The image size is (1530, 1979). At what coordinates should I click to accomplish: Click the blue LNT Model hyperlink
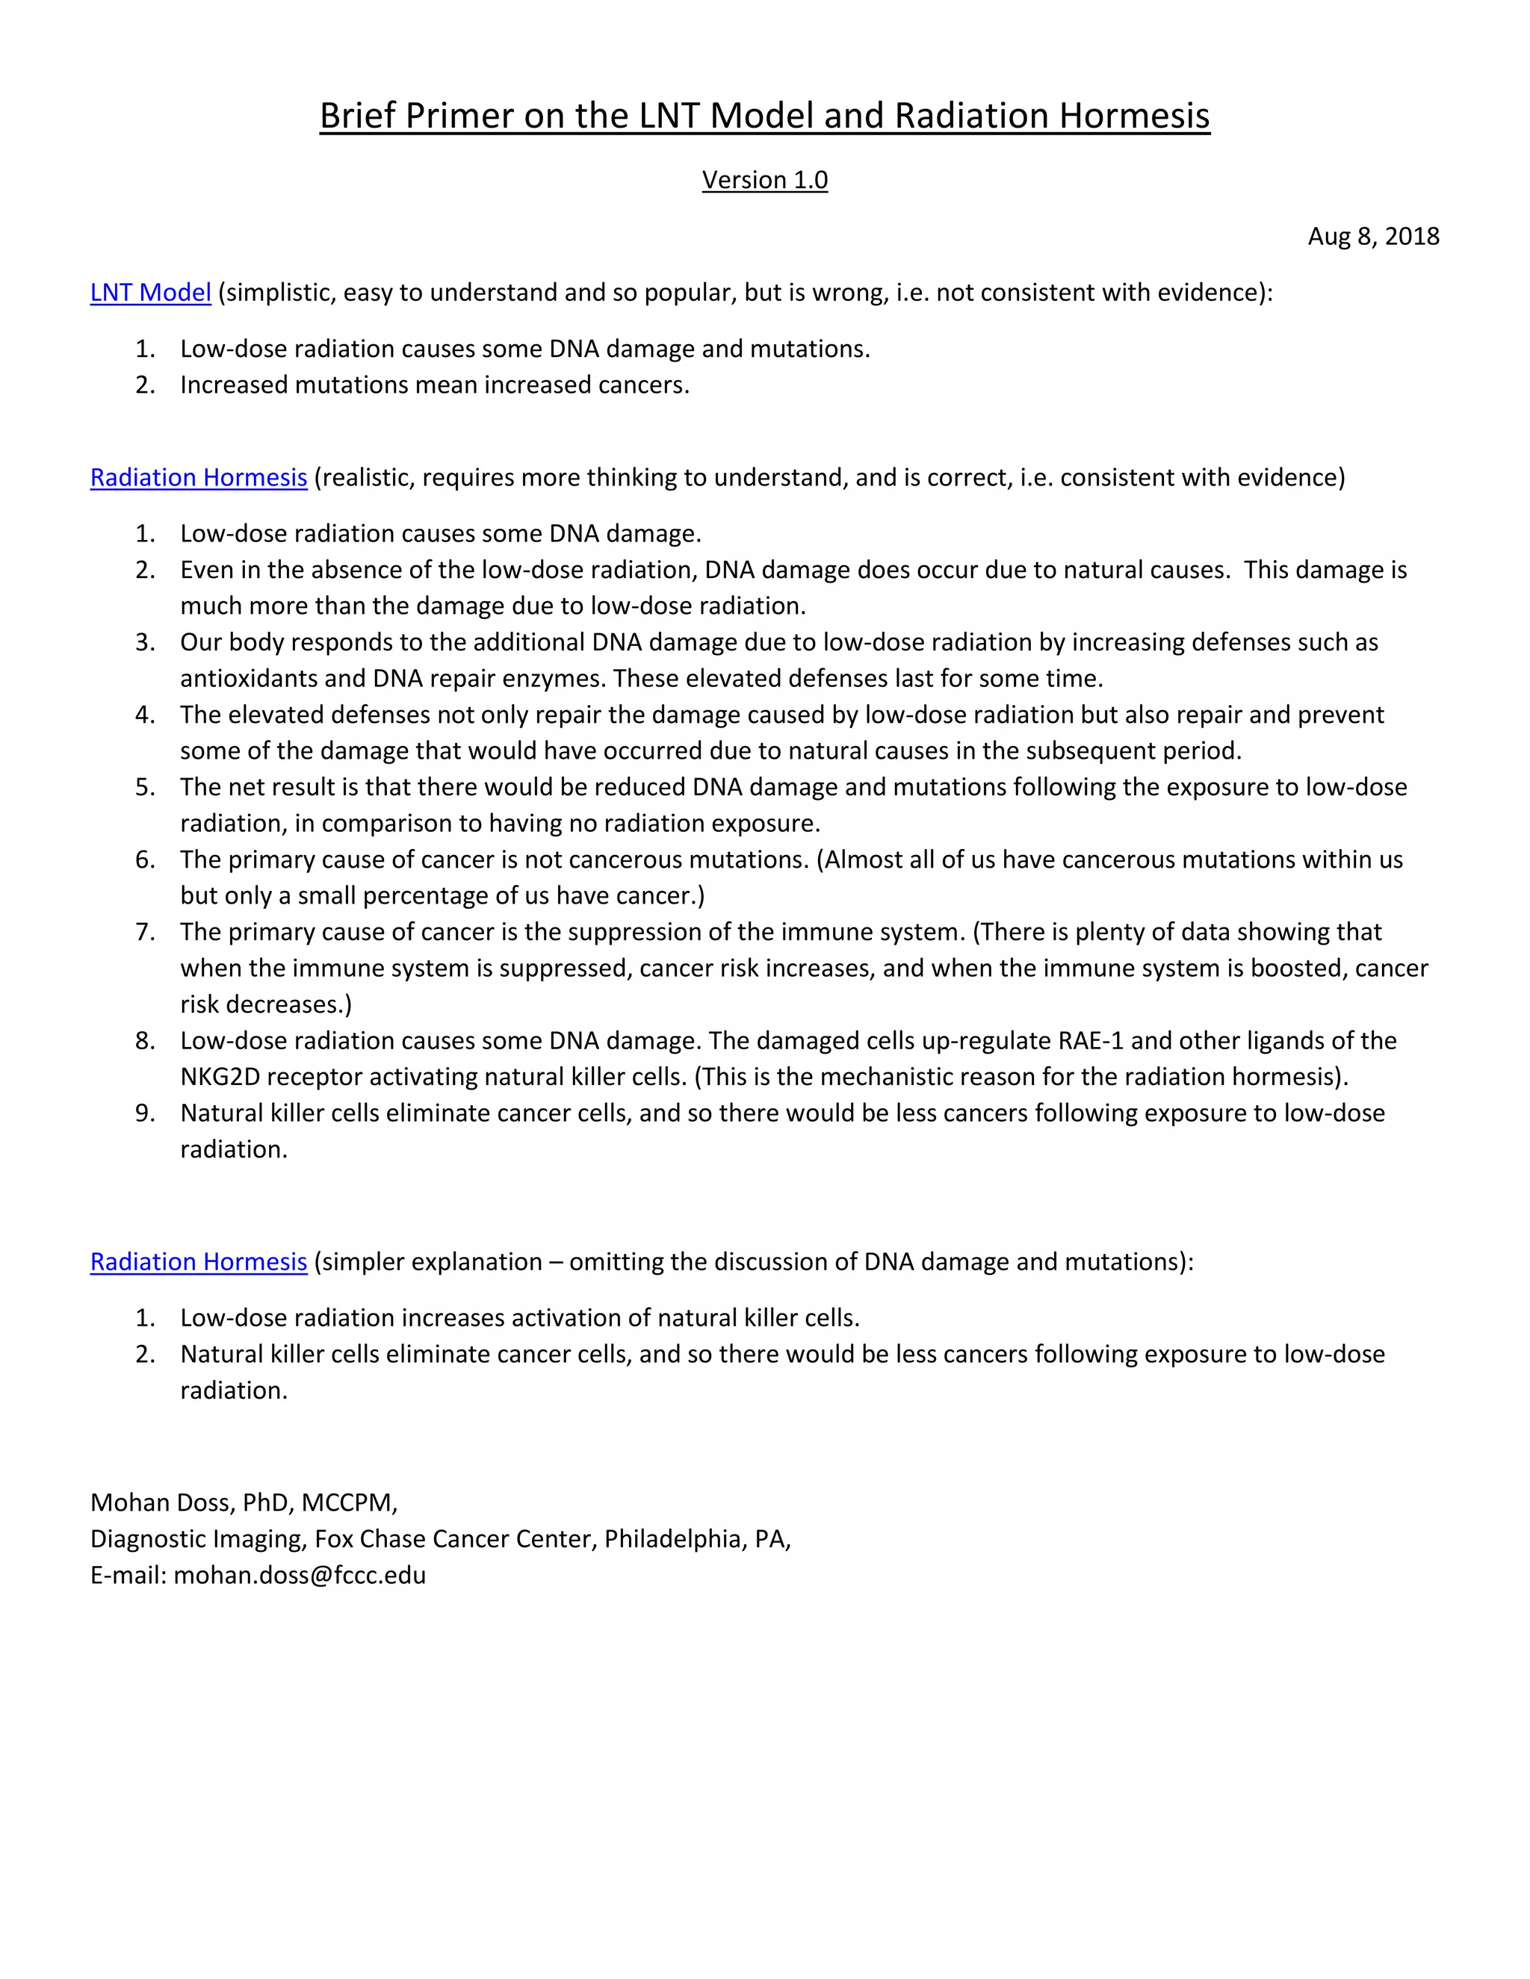pyautogui.click(x=150, y=293)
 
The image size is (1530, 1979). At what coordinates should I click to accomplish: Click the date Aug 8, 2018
pyautogui.click(x=1372, y=237)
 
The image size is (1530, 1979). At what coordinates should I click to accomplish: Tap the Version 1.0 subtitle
pyautogui.click(x=764, y=179)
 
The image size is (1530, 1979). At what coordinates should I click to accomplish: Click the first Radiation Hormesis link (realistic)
pyautogui.click(x=199, y=477)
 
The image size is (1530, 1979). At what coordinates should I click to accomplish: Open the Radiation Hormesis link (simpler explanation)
pyautogui.click(x=199, y=1262)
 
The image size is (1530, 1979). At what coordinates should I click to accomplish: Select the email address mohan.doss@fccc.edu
pyautogui.click(x=299, y=1576)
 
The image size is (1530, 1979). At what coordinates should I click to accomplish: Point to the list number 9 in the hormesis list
pyautogui.click(x=145, y=1113)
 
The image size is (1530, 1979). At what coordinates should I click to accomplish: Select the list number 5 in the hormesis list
pyautogui.click(x=145, y=787)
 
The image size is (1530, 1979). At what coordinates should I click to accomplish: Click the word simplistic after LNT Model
pyautogui.click(x=276, y=293)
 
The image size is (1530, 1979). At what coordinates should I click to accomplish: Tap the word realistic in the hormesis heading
pyautogui.click(x=364, y=477)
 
